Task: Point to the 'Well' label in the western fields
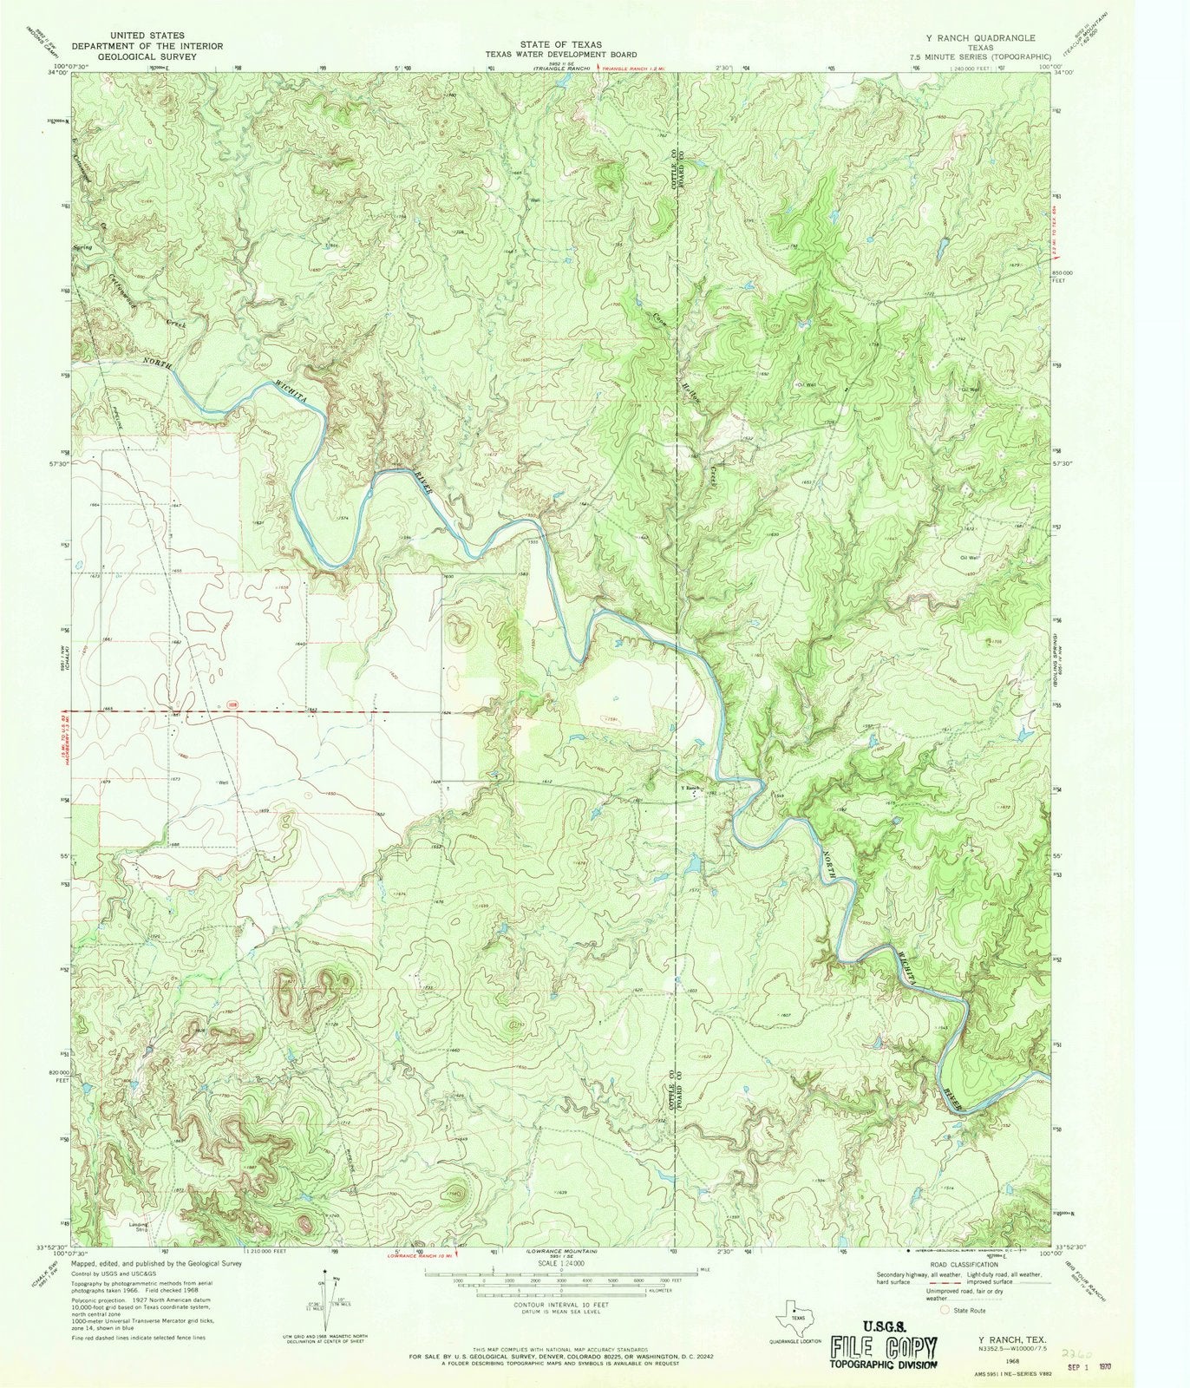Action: [224, 782]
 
